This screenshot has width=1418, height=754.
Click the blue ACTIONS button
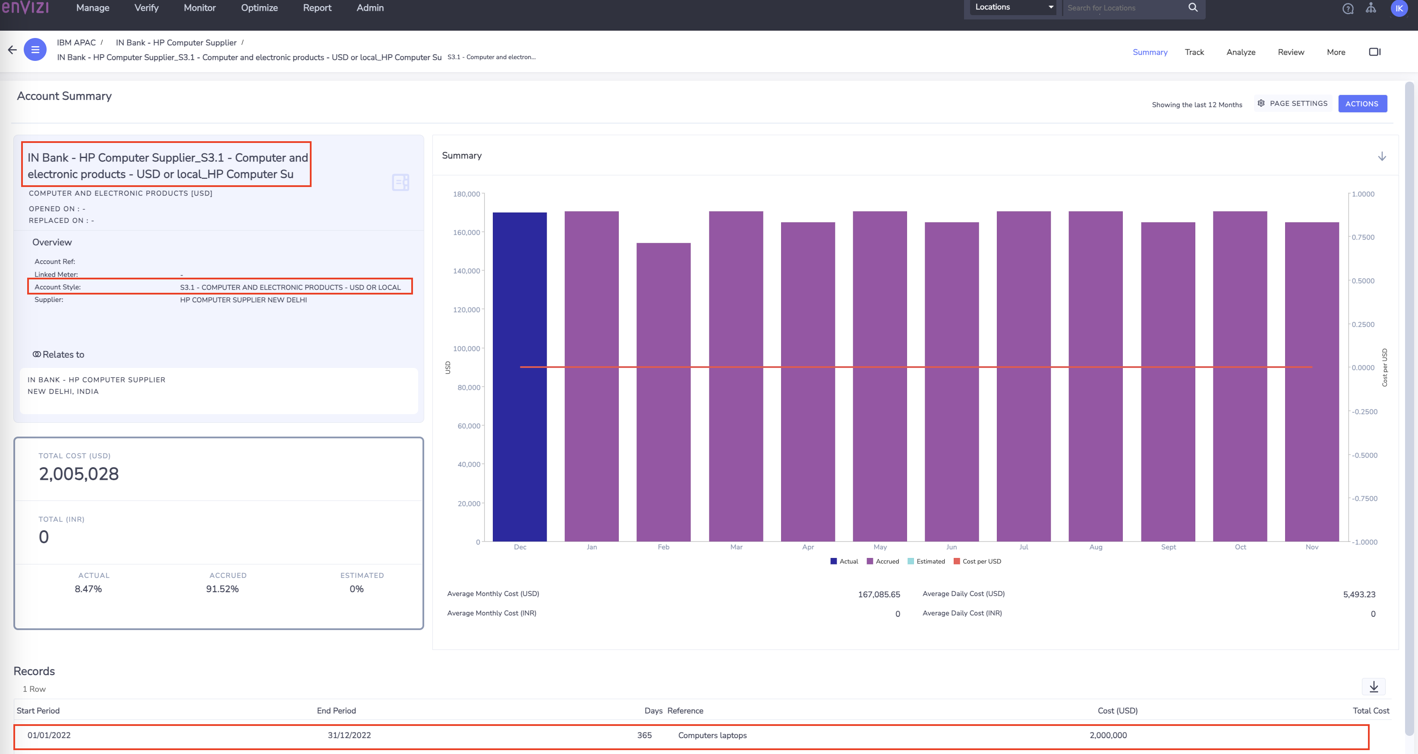1362,104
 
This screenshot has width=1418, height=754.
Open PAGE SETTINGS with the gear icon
1292,104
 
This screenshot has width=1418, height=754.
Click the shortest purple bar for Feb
663,392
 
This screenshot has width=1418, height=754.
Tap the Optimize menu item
259,8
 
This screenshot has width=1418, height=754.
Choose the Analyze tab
1240,52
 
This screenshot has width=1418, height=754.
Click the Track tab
1194,52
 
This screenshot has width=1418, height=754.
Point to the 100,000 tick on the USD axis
466,348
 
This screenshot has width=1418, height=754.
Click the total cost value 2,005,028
79,474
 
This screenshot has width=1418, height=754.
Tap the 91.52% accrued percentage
222,589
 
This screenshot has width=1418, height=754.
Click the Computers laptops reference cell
712,735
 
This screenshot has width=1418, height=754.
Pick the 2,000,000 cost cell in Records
1108,735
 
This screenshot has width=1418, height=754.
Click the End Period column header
336,710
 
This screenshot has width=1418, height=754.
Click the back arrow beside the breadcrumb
12,50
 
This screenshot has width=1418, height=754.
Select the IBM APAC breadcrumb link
76,42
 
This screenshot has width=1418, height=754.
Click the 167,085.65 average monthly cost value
879,594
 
